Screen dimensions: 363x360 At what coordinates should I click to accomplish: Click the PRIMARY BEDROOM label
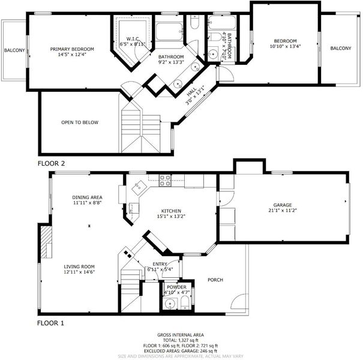point(72,49)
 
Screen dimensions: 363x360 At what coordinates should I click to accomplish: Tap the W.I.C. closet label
point(133,39)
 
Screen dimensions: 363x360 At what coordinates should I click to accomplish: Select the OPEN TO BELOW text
point(80,122)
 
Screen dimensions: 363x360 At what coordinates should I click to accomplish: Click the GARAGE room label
point(283,205)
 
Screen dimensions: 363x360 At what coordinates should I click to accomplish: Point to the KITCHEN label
point(171,211)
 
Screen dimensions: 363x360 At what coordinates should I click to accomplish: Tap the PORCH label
point(215,280)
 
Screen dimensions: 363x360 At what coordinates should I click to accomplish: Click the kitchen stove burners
point(165,181)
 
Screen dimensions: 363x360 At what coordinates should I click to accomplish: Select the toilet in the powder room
point(185,303)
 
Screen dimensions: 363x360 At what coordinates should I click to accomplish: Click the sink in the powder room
point(170,304)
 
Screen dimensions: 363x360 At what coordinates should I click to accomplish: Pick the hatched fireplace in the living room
point(46,242)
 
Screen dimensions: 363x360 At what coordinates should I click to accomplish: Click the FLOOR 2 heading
point(51,163)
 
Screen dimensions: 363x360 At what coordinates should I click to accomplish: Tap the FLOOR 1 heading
point(50,323)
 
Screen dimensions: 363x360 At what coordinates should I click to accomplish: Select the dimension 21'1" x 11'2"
point(283,210)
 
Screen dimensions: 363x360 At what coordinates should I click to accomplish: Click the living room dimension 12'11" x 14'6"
point(79,272)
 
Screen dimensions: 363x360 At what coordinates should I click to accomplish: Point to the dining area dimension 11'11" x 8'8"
point(87,203)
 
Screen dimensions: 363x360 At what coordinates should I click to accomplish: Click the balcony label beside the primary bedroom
point(14,50)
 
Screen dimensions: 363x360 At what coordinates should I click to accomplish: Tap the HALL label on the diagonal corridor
point(191,92)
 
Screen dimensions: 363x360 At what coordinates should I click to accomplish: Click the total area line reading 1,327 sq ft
point(181,340)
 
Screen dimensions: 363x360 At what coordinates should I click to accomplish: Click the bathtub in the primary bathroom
point(169,32)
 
